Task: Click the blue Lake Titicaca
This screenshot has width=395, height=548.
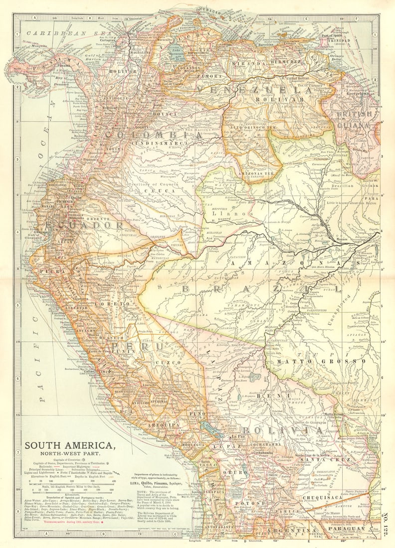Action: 210,427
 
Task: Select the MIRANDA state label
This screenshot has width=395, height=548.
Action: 242,63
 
